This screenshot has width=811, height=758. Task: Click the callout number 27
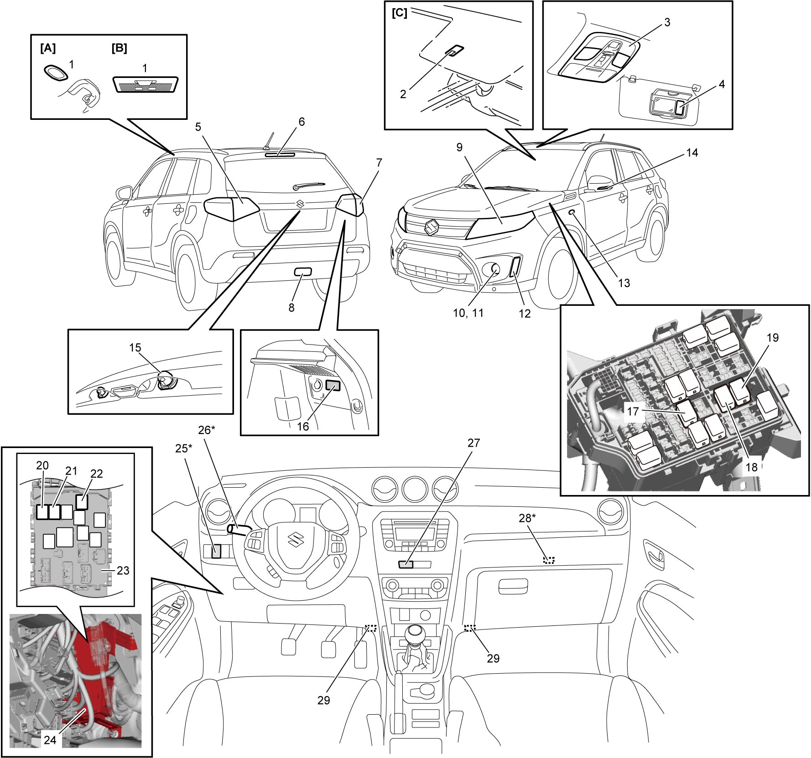tap(474, 443)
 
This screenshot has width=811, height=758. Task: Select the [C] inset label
tap(400, 13)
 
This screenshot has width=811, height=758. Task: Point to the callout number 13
tap(624, 283)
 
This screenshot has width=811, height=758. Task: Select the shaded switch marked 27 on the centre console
tap(406, 565)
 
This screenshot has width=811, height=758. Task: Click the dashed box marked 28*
tap(549, 560)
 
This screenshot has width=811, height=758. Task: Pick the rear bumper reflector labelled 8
tap(302, 273)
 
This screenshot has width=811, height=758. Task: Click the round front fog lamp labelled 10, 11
tap(495, 273)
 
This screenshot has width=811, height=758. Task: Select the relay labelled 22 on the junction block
tap(82, 502)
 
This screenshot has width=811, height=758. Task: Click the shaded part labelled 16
tap(333, 386)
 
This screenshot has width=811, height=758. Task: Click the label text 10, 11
tap(468, 313)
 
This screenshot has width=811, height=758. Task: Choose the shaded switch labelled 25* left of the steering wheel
tap(216, 552)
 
